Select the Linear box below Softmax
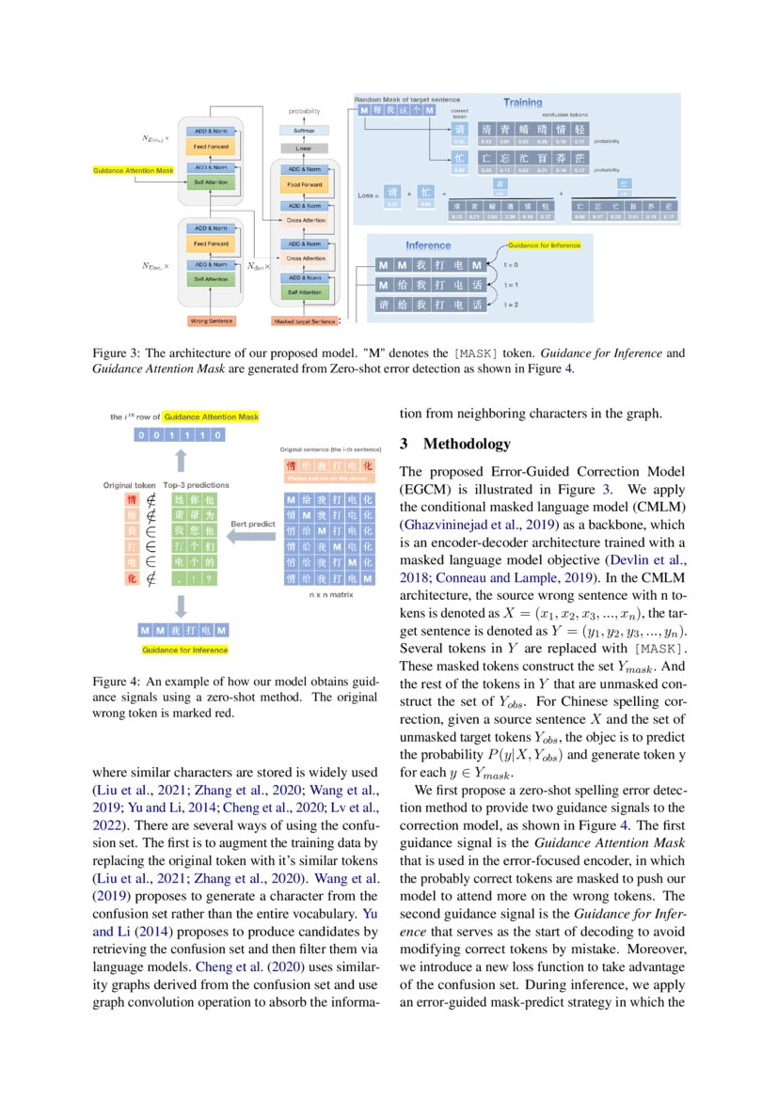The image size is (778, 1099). click(x=303, y=149)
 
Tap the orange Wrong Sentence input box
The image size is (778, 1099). click(x=212, y=322)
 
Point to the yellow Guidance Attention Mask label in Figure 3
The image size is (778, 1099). click(x=134, y=170)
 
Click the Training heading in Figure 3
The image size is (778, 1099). click(x=522, y=102)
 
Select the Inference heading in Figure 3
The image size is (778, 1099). click(x=428, y=245)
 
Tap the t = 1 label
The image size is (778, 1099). click(x=512, y=285)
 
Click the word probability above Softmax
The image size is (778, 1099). click(x=304, y=111)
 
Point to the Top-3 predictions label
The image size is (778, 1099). click(x=196, y=485)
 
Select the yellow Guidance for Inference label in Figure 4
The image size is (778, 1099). click(x=184, y=650)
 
